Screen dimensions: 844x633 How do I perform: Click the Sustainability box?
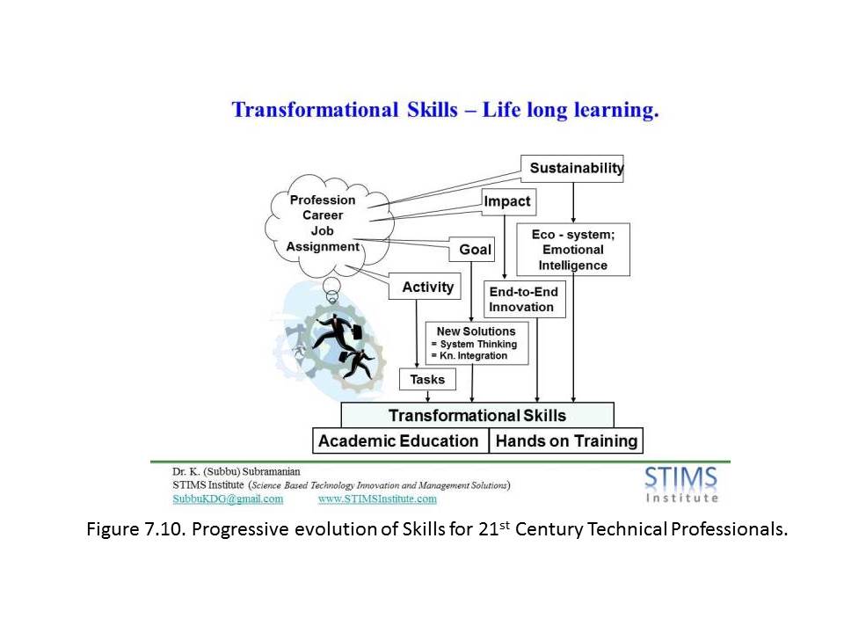[x=571, y=169]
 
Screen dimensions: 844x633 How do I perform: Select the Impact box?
[x=509, y=202]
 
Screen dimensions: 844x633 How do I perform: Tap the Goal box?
[x=472, y=249]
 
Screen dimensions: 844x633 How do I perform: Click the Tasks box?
[x=427, y=380]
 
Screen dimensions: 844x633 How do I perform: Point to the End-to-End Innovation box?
[x=524, y=299]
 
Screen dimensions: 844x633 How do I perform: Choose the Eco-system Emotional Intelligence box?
[x=573, y=250]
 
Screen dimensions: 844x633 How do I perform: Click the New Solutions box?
[x=477, y=344]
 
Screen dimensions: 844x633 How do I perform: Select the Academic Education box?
[x=401, y=440]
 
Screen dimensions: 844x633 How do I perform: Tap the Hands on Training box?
[x=565, y=440]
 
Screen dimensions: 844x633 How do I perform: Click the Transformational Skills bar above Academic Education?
[x=477, y=415]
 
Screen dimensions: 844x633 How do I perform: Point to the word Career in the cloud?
[x=323, y=215]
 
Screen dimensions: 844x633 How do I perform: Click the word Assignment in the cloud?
[x=323, y=246]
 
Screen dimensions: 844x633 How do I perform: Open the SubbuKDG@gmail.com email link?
[x=228, y=499]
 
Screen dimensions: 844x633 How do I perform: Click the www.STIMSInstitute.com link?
[x=377, y=499]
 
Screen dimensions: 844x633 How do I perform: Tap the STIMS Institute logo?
[x=681, y=484]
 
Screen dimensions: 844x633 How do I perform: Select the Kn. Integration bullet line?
[x=469, y=356]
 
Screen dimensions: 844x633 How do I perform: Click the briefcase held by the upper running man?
[x=356, y=331]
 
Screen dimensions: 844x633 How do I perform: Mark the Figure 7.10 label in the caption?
[x=135, y=529]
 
